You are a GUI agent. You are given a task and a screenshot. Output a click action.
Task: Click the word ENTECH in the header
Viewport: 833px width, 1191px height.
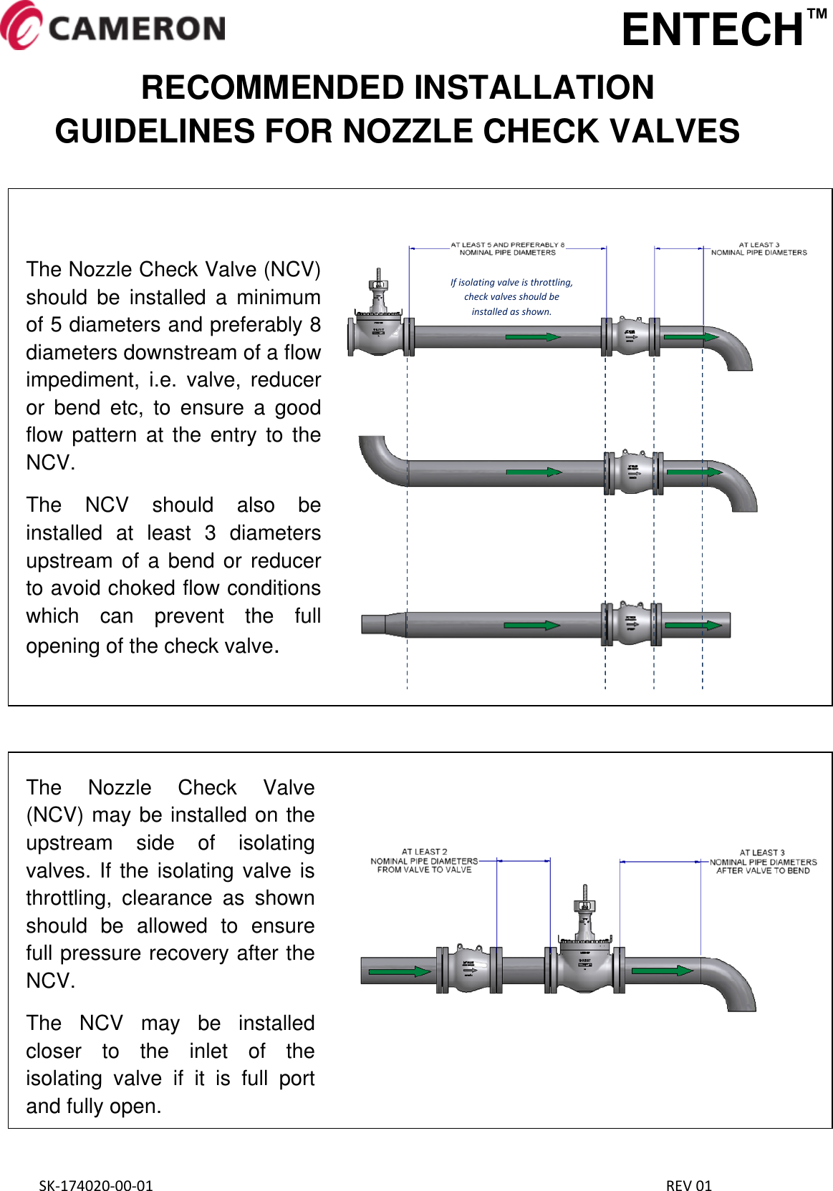(712, 30)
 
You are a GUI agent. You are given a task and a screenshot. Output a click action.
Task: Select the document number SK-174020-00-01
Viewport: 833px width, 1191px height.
(95, 1185)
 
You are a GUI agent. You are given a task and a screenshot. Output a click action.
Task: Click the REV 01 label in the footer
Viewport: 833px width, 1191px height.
(688, 1185)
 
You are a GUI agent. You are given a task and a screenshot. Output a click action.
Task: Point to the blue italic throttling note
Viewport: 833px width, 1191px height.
(511, 297)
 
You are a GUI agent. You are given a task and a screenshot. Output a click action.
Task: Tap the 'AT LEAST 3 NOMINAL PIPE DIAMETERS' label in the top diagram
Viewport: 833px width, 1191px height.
(759, 248)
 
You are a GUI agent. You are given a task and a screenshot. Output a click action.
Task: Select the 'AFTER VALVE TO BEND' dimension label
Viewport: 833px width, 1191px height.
(763, 871)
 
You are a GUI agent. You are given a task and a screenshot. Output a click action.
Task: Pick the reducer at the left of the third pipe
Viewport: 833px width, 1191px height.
(382, 623)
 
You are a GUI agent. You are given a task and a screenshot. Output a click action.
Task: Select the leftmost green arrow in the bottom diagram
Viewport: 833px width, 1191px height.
(399, 971)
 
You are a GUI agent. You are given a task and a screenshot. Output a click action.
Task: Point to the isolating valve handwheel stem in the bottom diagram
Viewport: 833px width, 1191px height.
(585, 903)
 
